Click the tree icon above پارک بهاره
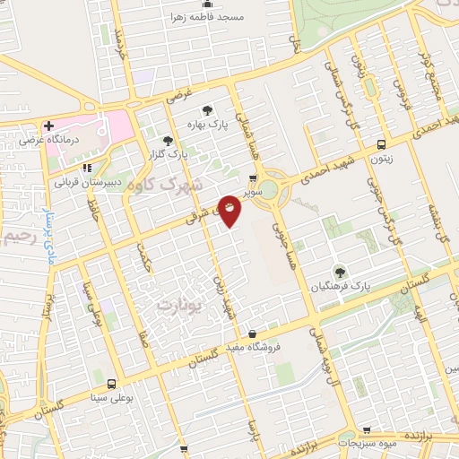(207, 110)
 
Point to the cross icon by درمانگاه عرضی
(48, 126)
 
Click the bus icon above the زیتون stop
(382, 144)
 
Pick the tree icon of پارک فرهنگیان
(339, 270)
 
